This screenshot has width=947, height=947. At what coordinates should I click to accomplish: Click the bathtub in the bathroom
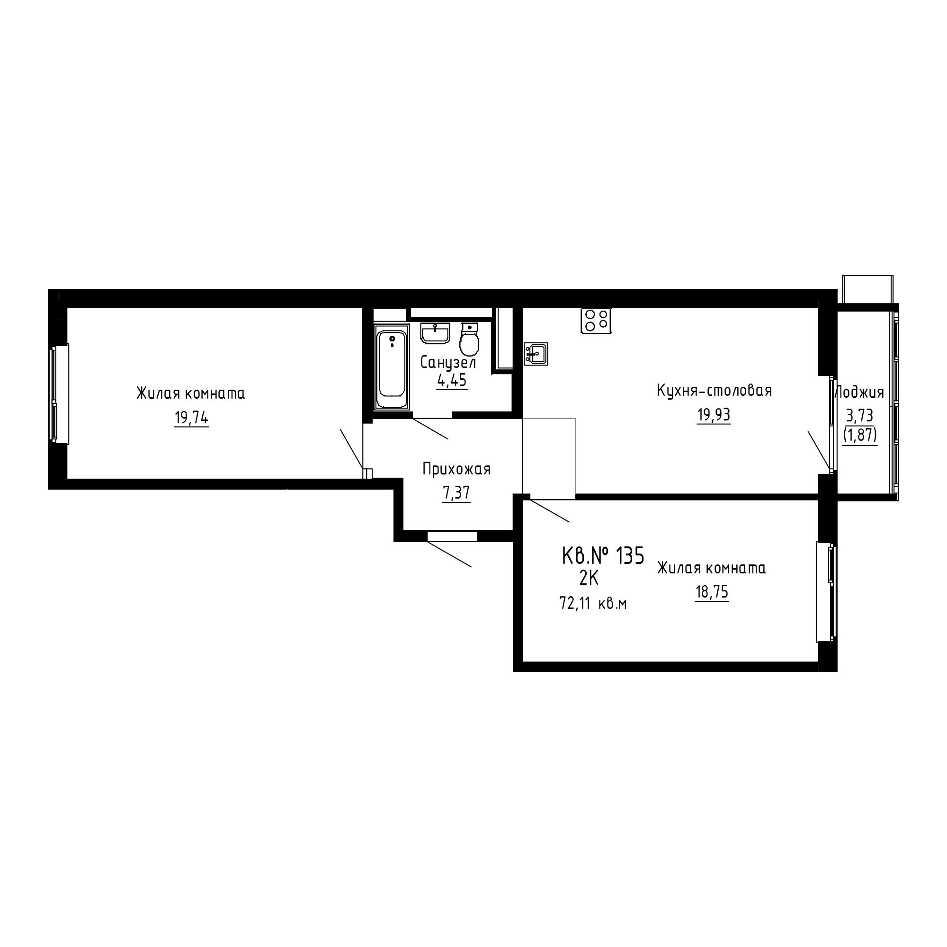391,366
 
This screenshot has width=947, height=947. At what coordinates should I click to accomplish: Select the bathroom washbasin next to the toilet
435,333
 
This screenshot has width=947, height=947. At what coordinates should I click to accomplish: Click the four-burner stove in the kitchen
596,321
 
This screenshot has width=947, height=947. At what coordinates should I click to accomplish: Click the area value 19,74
191,418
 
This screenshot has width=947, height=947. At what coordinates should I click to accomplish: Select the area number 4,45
452,380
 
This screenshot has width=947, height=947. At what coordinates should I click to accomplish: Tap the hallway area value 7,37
456,493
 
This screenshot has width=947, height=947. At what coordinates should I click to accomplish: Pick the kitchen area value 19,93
714,415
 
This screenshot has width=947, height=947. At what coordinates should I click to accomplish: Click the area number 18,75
712,592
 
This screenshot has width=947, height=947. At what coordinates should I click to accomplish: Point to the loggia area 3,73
860,416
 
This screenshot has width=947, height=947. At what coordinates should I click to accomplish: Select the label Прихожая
456,470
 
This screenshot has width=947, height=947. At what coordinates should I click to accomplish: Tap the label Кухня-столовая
714,391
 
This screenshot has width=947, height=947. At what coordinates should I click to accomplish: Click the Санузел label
448,362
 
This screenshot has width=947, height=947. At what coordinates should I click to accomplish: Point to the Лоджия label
859,393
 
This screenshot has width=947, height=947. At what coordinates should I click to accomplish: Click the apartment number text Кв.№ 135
603,556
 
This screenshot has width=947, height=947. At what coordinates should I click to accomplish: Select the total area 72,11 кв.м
593,603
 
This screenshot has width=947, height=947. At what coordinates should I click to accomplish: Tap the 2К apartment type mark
589,579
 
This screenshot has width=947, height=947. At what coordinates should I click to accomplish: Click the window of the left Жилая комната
59,393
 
